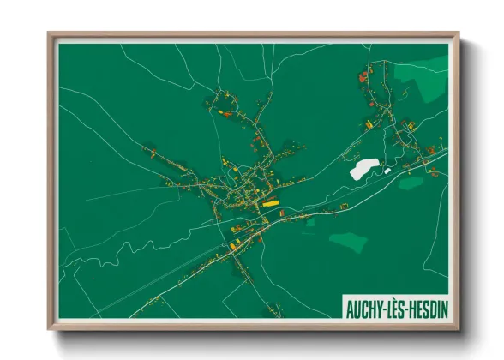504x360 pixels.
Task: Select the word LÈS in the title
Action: point(394,307)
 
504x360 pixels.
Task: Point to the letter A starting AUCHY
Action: point(349,307)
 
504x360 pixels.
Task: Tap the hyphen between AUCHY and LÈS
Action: point(383,308)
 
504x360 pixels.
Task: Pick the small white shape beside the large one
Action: point(387,171)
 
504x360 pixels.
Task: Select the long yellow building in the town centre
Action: point(271,204)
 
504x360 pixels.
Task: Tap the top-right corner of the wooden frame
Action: point(458,35)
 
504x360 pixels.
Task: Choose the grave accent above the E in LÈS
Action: point(394,299)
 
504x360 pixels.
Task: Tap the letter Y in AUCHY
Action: point(378,307)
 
